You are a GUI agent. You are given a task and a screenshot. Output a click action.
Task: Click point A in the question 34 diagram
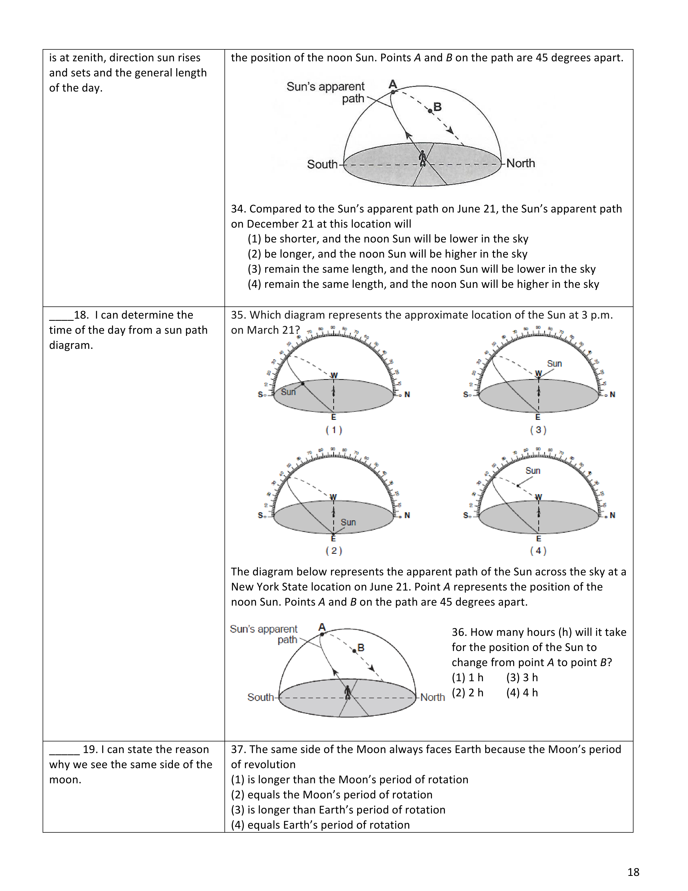(393, 92)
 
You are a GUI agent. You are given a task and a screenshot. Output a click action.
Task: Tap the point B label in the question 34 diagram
(438, 107)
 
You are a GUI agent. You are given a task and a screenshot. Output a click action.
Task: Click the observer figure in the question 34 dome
(423, 158)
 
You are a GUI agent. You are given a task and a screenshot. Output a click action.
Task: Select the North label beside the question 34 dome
(520, 163)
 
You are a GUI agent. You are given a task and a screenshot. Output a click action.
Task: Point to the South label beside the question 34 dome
(322, 164)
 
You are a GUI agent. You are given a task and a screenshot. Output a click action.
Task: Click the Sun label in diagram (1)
(288, 392)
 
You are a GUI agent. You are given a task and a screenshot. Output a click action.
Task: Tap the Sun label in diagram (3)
(554, 363)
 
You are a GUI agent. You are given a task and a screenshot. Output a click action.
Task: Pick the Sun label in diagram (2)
(348, 522)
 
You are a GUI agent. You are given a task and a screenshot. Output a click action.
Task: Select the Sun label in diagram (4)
(533, 471)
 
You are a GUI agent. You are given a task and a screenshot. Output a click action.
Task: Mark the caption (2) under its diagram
(334, 551)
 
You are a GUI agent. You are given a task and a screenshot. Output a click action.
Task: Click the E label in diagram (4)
(539, 539)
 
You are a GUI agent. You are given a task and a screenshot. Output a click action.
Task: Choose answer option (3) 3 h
(522, 678)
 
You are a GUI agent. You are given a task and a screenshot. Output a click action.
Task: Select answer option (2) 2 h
(468, 693)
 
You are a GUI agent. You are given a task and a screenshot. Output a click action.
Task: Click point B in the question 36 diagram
(354, 651)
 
